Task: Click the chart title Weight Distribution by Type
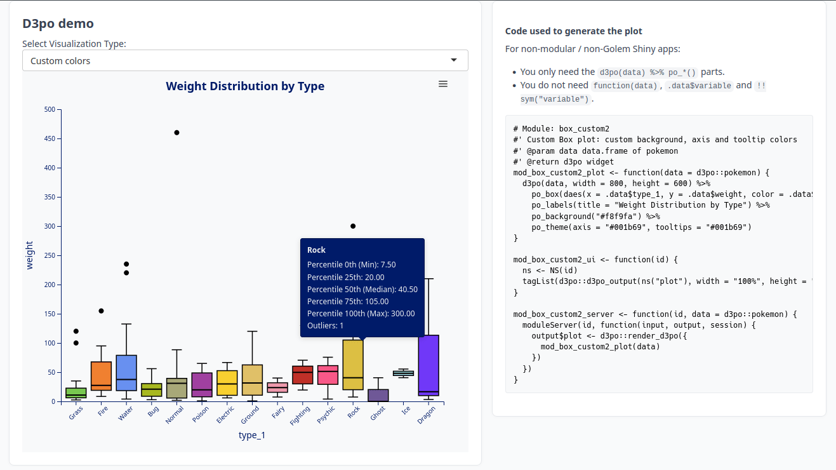coord(245,86)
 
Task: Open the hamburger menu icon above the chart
coord(443,84)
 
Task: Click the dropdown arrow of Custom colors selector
coord(453,60)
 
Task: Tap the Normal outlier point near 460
coord(176,133)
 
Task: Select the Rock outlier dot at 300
coord(353,226)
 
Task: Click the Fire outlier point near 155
coord(101,311)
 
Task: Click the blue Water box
coord(126,373)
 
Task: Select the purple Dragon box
coord(428,365)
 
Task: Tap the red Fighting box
coord(303,375)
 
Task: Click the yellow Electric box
coord(227,383)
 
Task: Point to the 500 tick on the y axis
coord(50,109)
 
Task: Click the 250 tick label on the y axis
coord(50,255)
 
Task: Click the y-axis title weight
coord(29,255)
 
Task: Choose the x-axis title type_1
coord(252,435)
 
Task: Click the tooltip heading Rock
coord(316,250)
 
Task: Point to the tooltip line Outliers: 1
coord(325,326)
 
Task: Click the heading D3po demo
coord(58,23)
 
